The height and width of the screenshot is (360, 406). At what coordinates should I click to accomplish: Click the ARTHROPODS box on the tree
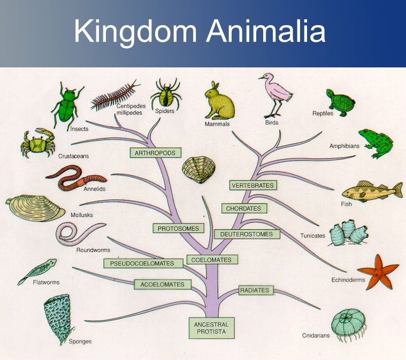pyautogui.click(x=156, y=152)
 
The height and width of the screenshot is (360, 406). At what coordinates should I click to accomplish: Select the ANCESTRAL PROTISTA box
pyautogui.click(x=211, y=328)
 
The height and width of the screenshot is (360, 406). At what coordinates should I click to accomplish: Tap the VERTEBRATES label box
pyautogui.click(x=253, y=186)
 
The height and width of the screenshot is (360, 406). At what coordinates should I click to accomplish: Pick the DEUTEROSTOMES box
pyautogui.click(x=247, y=234)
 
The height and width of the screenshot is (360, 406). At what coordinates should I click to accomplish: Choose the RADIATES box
pyautogui.click(x=254, y=290)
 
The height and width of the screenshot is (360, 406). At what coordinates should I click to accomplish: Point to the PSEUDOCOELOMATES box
pyautogui.click(x=142, y=263)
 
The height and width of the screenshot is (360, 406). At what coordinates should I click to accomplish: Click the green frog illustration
pyautogui.click(x=376, y=143)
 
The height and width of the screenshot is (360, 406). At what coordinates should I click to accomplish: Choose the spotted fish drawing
pyautogui.click(x=371, y=190)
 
